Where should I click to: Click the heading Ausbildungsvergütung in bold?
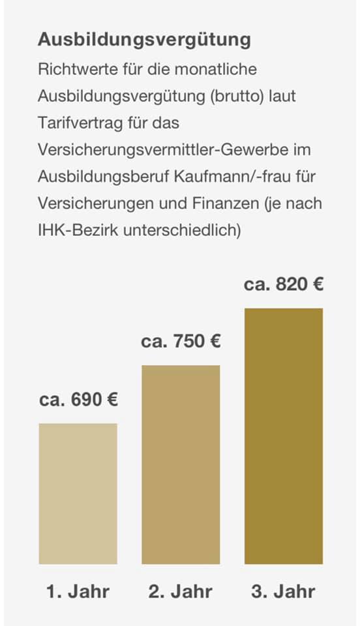click(144, 40)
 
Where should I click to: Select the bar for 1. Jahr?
click(78, 494)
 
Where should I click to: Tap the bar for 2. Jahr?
click(181, 465)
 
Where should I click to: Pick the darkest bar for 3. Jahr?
click(284, 436)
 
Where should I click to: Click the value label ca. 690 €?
click(79, 400)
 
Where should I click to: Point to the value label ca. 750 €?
click(181, 342)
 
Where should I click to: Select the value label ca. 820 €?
click(284, 285)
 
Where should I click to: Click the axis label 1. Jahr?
click(78, 591)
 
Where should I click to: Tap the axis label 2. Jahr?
click(181, 591)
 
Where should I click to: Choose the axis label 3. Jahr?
click(284, 591)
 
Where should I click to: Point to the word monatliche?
click(215, 70)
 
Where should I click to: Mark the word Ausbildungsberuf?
click(103, 177)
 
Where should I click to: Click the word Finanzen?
click(226, 203)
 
